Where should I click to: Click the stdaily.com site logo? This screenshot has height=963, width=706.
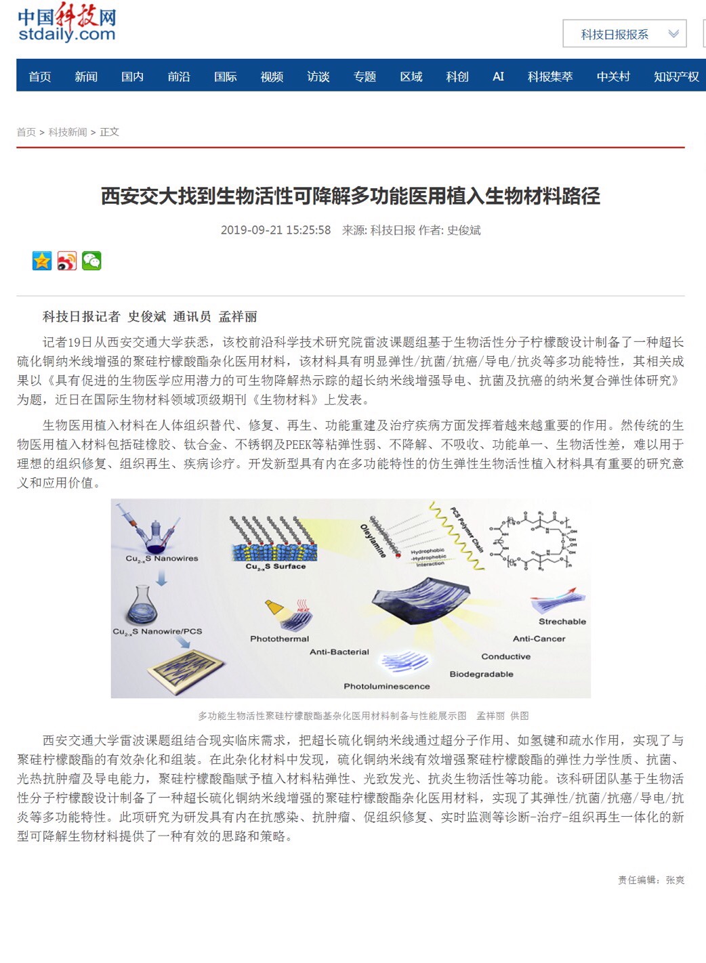coord(66,24)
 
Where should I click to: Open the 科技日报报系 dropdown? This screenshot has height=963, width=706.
coord(624,34)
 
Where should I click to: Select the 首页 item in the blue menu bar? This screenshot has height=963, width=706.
coord(40,77)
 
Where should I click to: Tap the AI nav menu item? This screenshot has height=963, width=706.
coord(498,77)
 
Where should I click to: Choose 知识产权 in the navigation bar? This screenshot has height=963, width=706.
coord(676,77)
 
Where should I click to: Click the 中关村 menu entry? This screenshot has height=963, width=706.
coord(613,77)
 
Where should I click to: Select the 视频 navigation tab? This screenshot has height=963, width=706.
coord(272,77)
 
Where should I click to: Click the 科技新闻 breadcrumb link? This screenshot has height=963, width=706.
coord(68,132)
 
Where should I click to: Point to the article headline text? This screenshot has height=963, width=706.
coord(350,196)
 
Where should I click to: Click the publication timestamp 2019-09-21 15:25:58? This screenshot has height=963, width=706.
coord(276,230)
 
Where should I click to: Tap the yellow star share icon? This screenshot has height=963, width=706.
coord(42,261)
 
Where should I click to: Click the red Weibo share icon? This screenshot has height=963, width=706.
coord(67,261)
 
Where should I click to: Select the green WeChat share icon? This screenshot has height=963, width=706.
coord(91,261)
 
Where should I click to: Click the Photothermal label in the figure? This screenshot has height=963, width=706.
coord(279,639)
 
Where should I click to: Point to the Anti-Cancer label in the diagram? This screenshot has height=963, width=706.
coord(539,639)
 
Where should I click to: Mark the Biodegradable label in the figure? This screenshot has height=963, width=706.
coord(481,675)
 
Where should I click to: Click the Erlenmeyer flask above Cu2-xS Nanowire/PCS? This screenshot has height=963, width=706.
coord(144,605)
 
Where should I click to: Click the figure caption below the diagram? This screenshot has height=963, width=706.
coord(362,716)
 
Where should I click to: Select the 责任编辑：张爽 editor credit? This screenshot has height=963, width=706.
coord(650,880)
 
